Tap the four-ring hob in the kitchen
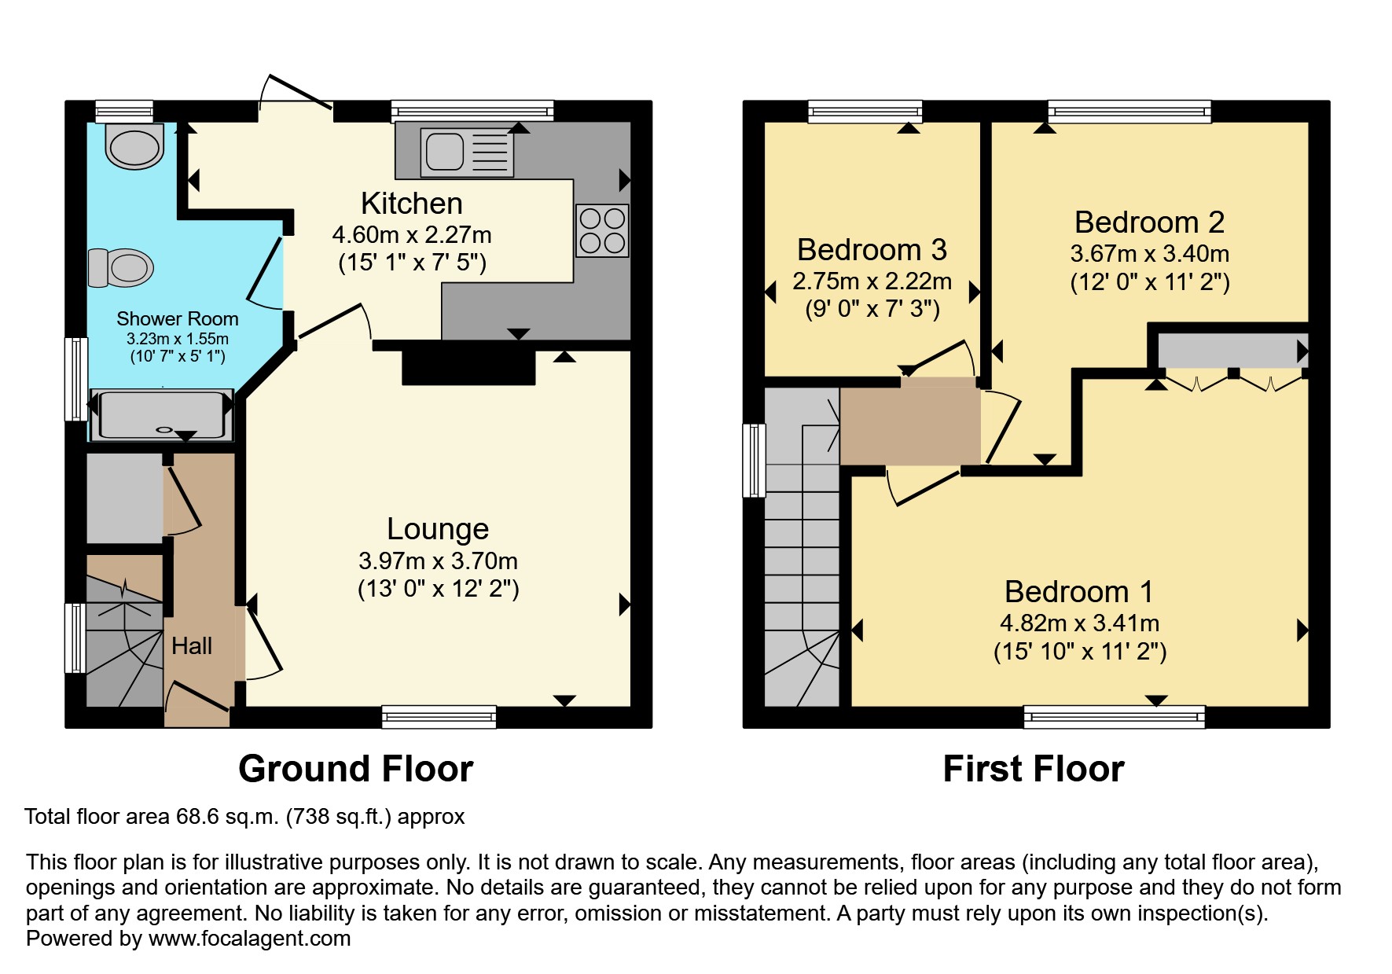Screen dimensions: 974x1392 pos(602,231)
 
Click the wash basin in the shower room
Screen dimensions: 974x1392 pos(135,147)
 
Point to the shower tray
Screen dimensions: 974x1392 pos(161,414)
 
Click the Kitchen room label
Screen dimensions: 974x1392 pos(411,204)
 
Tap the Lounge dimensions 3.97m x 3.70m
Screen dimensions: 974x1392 pos(438,561)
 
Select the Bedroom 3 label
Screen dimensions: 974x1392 pos(872,250)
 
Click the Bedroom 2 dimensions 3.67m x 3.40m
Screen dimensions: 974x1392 pos(1149,254)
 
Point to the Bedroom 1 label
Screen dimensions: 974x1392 pos(1078,591)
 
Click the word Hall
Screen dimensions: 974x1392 pos(192,646)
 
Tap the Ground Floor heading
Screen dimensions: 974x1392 pos(355,769)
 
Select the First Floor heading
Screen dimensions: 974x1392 pos(1033,769)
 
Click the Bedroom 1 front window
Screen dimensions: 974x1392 pos(1114,716)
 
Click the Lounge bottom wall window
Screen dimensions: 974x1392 pos(439,716)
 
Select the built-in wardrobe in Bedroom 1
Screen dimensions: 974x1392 pos(1231,351)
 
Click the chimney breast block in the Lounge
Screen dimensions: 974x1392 pos(468,367)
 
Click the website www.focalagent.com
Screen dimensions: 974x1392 pos(249,939)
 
